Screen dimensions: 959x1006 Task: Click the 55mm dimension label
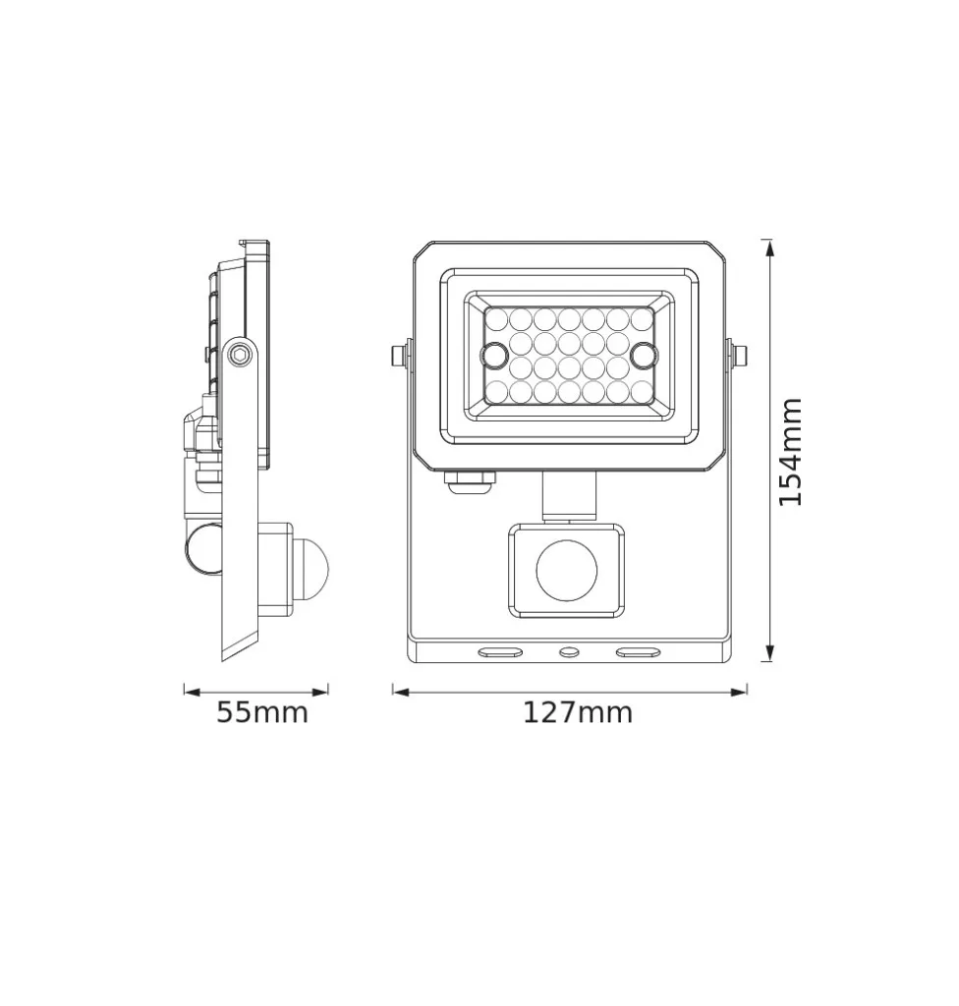262,712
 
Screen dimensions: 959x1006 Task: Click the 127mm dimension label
578,712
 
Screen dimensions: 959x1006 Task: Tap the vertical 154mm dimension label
790,452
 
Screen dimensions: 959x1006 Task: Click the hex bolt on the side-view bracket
240,354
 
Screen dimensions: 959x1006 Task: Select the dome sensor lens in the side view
311,569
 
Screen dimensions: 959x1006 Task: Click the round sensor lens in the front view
566,570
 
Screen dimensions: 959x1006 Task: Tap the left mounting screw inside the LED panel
495,355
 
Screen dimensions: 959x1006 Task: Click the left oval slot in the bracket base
499,652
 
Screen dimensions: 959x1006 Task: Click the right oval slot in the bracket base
638,652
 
